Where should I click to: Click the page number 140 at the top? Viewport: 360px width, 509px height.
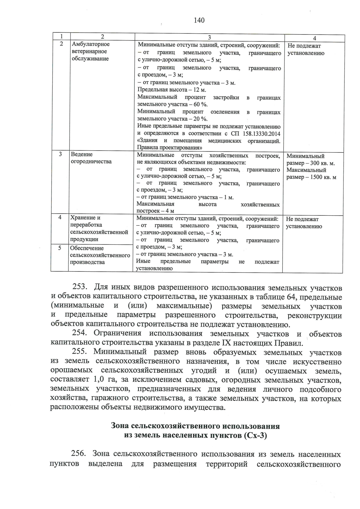(x=199, y=20)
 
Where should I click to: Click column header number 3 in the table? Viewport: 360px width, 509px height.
(x=209, y=37)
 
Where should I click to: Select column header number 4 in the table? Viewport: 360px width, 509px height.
(x=314, y=38)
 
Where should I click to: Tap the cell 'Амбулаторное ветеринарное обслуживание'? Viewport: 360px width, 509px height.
(x=91, y=52)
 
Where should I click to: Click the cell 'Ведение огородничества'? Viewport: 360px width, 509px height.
(x=91, y=158)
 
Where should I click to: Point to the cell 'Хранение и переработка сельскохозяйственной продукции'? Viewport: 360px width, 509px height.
(x=99, y=229)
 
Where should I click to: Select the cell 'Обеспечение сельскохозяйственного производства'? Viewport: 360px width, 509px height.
(x=100, y=255)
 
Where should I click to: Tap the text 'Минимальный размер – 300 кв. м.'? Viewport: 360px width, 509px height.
(x=310, y=160)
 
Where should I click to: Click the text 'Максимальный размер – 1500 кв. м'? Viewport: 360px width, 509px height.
(x=311, y=174)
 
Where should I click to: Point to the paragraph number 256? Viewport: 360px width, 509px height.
(x=79, y=454)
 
